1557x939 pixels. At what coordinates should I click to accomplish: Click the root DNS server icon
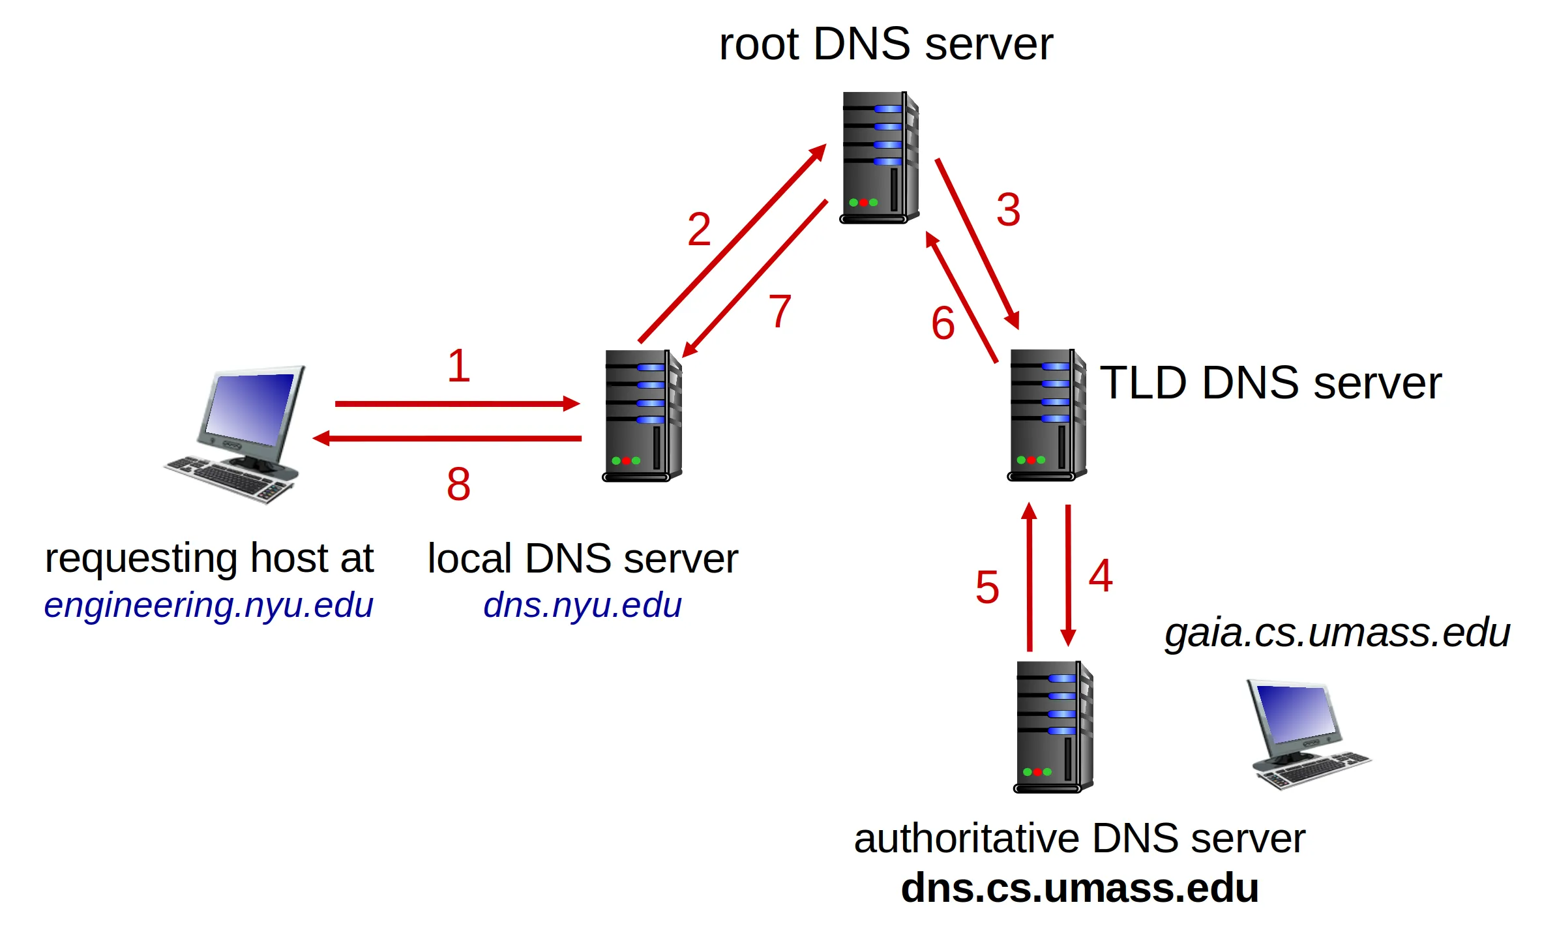point(879,157)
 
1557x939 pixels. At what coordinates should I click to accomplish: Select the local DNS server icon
point(642,415)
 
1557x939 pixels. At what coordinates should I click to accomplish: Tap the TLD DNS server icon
point(1046,415)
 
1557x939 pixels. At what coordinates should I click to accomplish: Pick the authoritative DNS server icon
point(1053,726)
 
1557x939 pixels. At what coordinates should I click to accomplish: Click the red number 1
point(458,366)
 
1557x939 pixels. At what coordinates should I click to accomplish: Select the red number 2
point(699,229)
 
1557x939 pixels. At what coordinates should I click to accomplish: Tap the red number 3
point(1008,209)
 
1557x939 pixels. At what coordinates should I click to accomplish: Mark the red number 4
point(1101,576)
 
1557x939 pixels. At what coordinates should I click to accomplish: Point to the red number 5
point(987,587)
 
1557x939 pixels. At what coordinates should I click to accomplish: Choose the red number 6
point(943,323)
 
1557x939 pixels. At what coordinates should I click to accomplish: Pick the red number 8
point(458,484)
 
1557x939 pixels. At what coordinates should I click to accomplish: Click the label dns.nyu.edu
point(582,605)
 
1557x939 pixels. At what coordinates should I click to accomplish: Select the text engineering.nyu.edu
point(209,606)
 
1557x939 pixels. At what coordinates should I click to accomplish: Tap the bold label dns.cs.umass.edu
point(1080,887)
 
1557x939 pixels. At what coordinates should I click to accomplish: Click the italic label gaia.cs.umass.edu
point(1337,633)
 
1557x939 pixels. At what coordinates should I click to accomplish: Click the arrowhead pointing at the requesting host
point(321,438)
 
